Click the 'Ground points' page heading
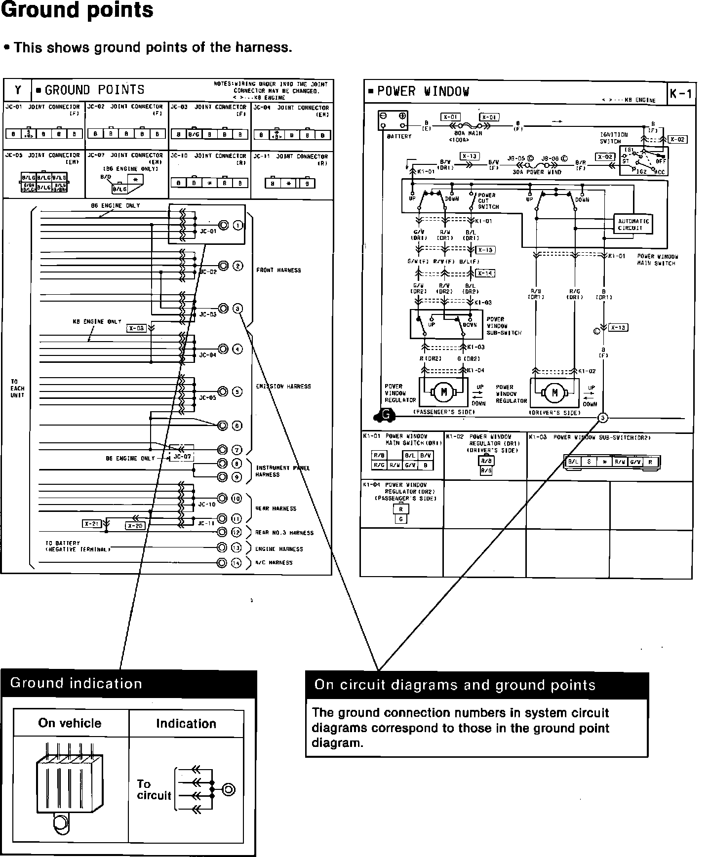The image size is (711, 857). click(78, 10)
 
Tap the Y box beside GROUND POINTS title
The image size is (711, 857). click(18, 90)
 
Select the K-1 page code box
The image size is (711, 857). click(681, 93)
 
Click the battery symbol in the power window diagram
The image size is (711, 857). click(393, 120)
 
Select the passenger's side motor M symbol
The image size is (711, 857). click(443, 392)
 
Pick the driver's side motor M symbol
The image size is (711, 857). click(554, 393)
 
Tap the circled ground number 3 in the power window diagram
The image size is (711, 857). click(602, 418)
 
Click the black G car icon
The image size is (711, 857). click(386, 416)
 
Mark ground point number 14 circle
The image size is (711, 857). click(237, 562)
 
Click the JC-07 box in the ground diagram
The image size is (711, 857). click(182, 456)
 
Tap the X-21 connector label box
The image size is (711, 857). click(92, 524)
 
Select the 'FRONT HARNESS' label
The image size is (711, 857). click(278, 270)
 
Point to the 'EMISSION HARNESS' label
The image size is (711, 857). click(283, 387)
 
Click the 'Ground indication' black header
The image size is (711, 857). click(128, 683)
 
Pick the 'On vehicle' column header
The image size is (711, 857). click(70, 723)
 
